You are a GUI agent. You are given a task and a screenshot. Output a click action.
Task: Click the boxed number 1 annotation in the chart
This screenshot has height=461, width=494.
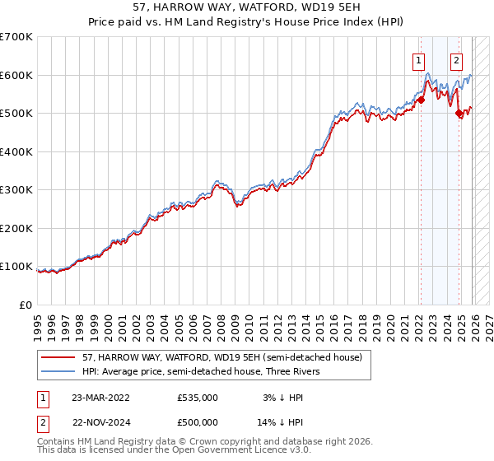(x=419, y=59)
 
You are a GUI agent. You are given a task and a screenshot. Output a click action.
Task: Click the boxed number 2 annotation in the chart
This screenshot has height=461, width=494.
(x=456, y=59)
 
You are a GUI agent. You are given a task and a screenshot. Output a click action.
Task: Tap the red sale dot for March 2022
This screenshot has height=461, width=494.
(x=420, y=100)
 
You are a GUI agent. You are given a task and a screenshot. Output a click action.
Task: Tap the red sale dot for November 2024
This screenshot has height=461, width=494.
(x=459, y=114)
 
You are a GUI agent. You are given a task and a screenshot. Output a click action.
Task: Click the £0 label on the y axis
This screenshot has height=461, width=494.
(x=25, y=305)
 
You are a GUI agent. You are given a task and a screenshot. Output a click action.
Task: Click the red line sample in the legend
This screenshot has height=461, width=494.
(x=58, y=357)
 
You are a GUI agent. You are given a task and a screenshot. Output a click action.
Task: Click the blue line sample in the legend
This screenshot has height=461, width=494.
(x=58, y=371)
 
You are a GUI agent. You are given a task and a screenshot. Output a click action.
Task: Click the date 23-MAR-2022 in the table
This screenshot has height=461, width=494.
(x=100, y=397)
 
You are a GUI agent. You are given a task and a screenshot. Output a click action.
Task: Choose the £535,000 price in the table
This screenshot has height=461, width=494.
(x=198, y=397)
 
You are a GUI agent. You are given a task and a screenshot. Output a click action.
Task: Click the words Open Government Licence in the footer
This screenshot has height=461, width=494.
(x=225, y=450)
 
